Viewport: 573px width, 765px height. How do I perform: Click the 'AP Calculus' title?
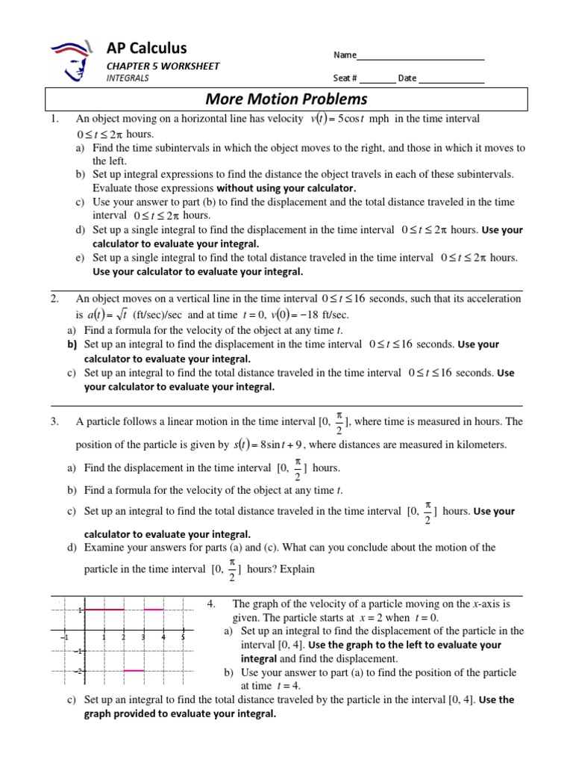(147, 49)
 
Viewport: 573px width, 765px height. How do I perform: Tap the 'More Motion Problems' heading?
(287, 99)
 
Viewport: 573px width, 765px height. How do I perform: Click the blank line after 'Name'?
(421, 58)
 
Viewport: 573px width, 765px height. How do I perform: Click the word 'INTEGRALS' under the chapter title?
(128, 78)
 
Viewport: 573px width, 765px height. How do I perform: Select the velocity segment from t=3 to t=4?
(153, 610)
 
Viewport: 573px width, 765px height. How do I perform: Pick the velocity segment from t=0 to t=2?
(104, 610)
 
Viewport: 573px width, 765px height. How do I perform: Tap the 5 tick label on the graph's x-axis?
(183, 637)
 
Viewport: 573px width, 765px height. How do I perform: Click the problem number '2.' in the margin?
(54, 299)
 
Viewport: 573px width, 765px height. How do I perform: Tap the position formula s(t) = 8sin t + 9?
(266, 445)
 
